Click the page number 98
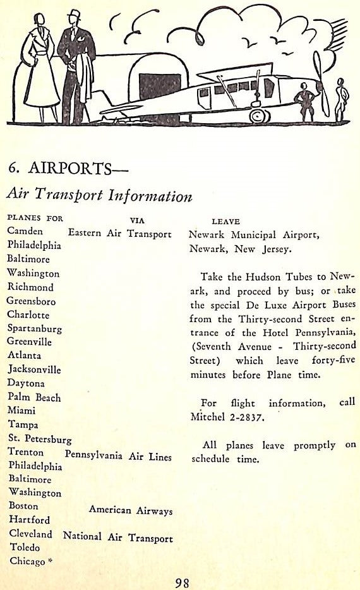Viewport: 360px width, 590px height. tap(182, 582)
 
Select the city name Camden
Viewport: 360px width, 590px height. tap(25, 231)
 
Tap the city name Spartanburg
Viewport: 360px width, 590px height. tap(35, 328)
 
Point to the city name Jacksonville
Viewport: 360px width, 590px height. tap(34, 370)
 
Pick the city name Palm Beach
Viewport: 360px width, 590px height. tap(34, 397)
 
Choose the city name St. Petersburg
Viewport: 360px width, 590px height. tap(39, 439)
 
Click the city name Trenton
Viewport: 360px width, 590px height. tap(26, 452)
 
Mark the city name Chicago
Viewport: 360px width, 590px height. tap(27, 561)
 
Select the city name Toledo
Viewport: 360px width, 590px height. tap(23, 547)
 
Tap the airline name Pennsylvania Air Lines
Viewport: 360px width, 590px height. tap(118, 456)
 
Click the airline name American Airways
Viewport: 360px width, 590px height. tap(131, 510)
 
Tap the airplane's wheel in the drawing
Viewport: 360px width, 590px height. tap(259, 115)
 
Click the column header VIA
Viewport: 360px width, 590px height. tap(136, 220)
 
